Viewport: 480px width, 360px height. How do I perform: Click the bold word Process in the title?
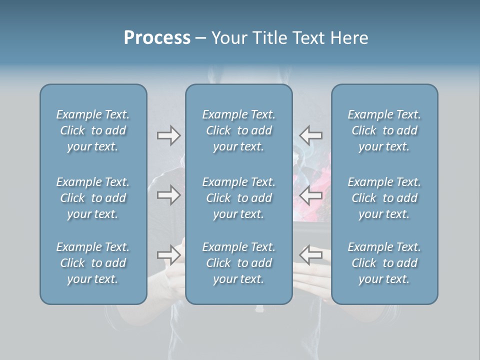pos(157,38)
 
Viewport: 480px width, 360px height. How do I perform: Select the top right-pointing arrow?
pos(168,135)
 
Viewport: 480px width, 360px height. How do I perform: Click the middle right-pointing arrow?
pos(168,195)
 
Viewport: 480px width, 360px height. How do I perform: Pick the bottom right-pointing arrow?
pos(168,254)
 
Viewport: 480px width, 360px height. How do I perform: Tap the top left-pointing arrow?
pos(311,135)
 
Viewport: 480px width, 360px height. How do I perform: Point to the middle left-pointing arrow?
pos(311,195)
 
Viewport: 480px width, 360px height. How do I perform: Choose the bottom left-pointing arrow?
pos(311,254)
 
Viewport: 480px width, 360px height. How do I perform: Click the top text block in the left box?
pos(93,130)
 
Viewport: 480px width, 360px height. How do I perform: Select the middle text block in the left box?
pos(93,198)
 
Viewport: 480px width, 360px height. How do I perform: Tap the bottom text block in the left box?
pos(93,263)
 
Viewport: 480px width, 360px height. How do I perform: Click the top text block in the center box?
pos(238,130)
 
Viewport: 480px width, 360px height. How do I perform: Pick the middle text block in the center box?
pos(238,198)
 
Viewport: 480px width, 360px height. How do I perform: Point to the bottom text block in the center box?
pos(238,263)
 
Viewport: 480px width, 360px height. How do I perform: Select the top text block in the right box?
pos(384,130)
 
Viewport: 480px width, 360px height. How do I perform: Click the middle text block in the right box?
pos(384,198)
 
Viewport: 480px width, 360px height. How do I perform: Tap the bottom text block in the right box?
pos(384,263)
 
